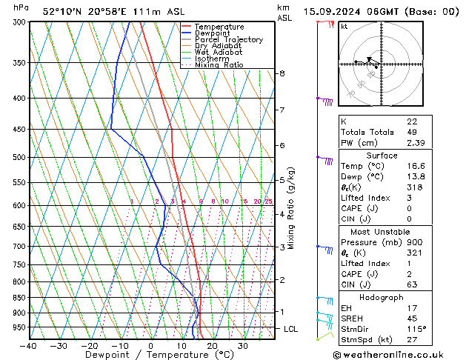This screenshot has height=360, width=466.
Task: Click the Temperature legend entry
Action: click(220, 27)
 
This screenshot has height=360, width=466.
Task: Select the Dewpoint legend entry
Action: click(215, 33)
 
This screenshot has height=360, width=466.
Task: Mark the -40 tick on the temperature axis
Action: click(29, 346)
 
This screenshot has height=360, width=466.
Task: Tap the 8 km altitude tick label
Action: click(282, 73)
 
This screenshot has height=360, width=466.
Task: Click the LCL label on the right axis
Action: click(291, 328)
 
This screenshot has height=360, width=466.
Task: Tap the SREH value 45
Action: click(412, 318)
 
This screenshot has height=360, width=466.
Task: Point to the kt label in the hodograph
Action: click(344, 26)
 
